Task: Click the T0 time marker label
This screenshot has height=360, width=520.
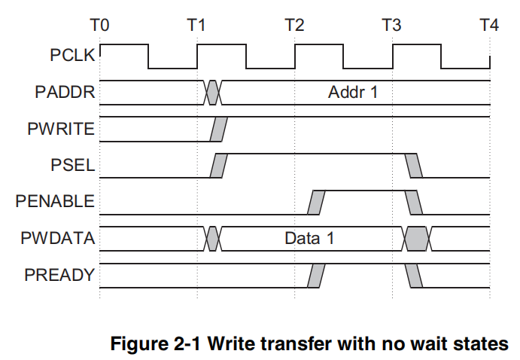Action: [99, 25]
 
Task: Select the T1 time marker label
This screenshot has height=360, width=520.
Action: [196, 25]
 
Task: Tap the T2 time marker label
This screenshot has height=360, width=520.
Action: [294, 25]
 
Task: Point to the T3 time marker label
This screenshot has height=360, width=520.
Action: [392, 25]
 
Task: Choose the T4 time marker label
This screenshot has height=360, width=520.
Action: [489, 25]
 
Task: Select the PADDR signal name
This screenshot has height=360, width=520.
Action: [65, 93]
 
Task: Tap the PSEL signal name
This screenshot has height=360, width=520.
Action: [75, 166]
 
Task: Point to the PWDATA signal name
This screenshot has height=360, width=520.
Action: [59, 239]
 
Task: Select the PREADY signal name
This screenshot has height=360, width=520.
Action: [60, 275]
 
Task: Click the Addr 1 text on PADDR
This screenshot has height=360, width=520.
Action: [352, 93]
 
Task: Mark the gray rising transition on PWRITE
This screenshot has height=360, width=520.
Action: [217, 130]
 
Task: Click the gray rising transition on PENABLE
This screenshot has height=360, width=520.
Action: [317, 202]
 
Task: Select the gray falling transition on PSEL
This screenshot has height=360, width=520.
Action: [413, 166]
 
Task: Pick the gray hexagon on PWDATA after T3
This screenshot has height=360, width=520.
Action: [417, 239]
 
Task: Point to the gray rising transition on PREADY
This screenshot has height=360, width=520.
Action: [316, 276]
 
